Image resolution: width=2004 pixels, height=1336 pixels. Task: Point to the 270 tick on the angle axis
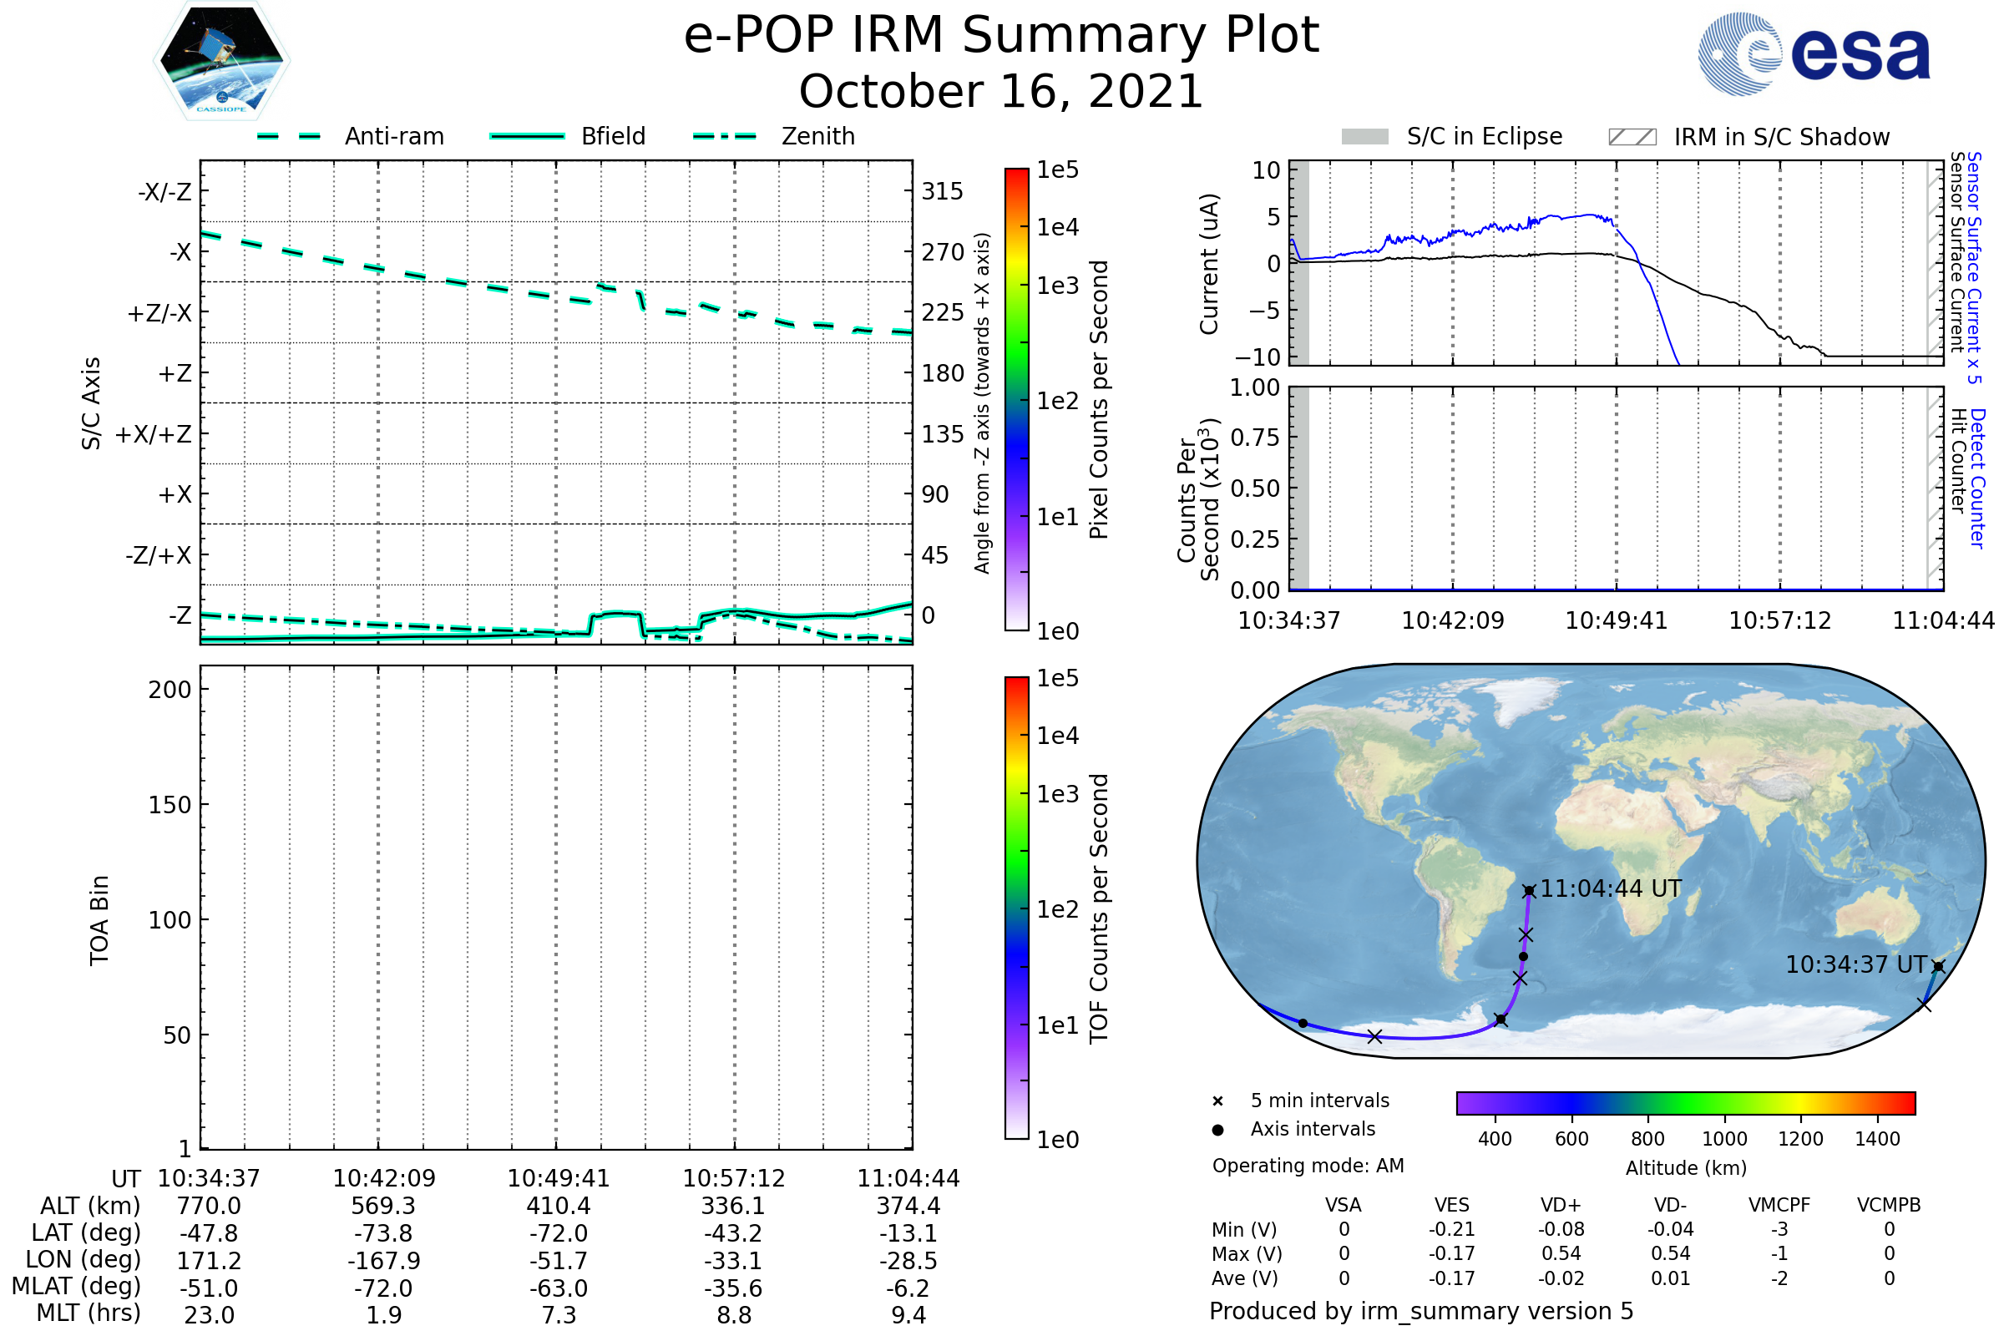[943, 252]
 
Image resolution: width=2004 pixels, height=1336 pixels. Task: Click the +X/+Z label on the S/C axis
[154, 434]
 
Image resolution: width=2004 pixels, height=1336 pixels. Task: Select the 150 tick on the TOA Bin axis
[170, 804]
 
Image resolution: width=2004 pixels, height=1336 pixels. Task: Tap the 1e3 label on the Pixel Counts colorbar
[1057, 286]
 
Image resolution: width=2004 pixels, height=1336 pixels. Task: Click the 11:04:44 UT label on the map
[1611, 888]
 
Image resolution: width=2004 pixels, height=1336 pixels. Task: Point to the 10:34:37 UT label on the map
[1855, 964]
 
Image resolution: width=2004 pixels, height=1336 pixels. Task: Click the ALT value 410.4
[558, 1206]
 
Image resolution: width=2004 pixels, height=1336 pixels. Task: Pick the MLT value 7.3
[558, 1314]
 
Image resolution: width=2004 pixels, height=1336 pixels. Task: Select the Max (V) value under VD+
[1561, 1253]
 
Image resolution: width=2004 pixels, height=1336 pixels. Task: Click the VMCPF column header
[1779, 1205]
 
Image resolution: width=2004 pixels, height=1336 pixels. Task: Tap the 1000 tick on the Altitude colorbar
[1723, 1139]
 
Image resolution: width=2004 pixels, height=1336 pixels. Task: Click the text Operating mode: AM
[1308, 1166]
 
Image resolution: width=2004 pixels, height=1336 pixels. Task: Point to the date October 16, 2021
[1001, 91]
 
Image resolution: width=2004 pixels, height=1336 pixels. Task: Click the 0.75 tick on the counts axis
[1254, 438]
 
